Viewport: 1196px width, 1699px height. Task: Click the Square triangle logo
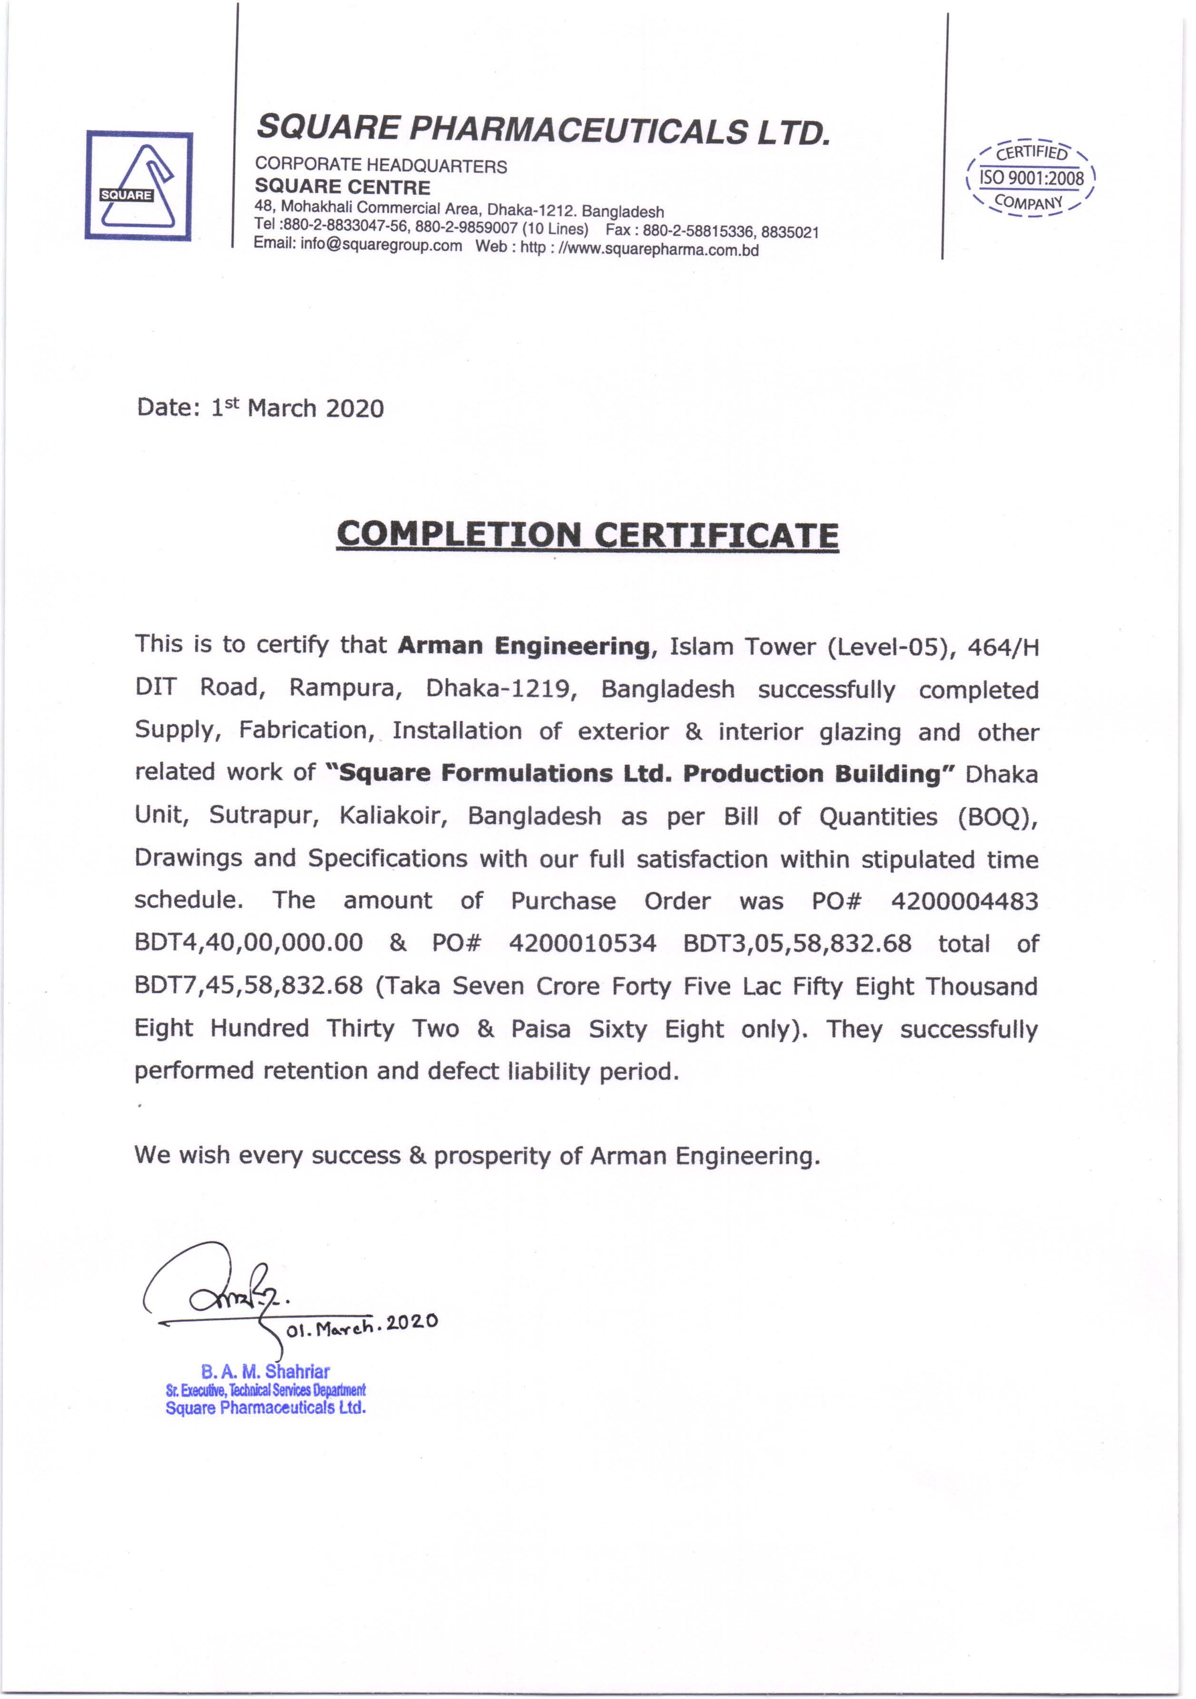tap(139, 186)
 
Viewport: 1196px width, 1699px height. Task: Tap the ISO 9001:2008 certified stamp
tap(1030, 178)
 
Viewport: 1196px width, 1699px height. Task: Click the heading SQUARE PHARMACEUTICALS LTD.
tap(544, 130)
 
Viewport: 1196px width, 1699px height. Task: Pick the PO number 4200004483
tap(964, 901)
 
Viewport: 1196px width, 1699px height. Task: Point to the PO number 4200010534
tap(582, 943)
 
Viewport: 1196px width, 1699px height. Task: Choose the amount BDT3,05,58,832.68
tap(796, 943)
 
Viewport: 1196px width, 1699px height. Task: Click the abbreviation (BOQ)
tap(997, 816)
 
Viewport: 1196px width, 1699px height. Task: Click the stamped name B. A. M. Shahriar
tap(265, 1371)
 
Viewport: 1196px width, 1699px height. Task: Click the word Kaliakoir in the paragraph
tap(393, 815)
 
